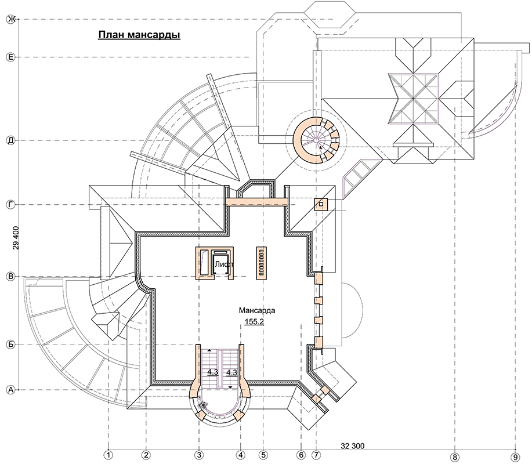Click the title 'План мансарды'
139,35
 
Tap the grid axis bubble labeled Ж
11,20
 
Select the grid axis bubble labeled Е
11,57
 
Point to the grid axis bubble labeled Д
11,140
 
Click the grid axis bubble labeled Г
11,205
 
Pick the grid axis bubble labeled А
11,390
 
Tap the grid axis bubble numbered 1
108,455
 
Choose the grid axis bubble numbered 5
263,455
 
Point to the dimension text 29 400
16,238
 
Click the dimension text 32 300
353,445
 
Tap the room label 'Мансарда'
257,310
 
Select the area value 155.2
255,322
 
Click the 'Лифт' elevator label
223,264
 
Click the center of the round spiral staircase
316,140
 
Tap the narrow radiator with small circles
261,263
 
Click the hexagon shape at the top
330,17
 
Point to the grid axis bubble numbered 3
199,455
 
